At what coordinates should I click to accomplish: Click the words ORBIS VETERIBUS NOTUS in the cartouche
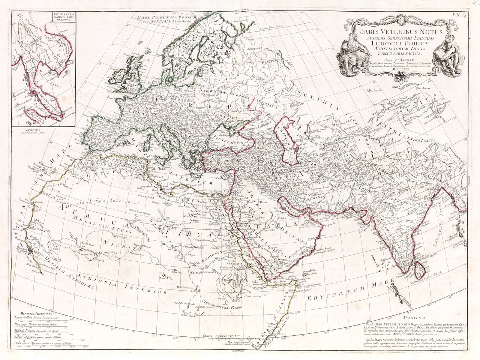tap(400, 33)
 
